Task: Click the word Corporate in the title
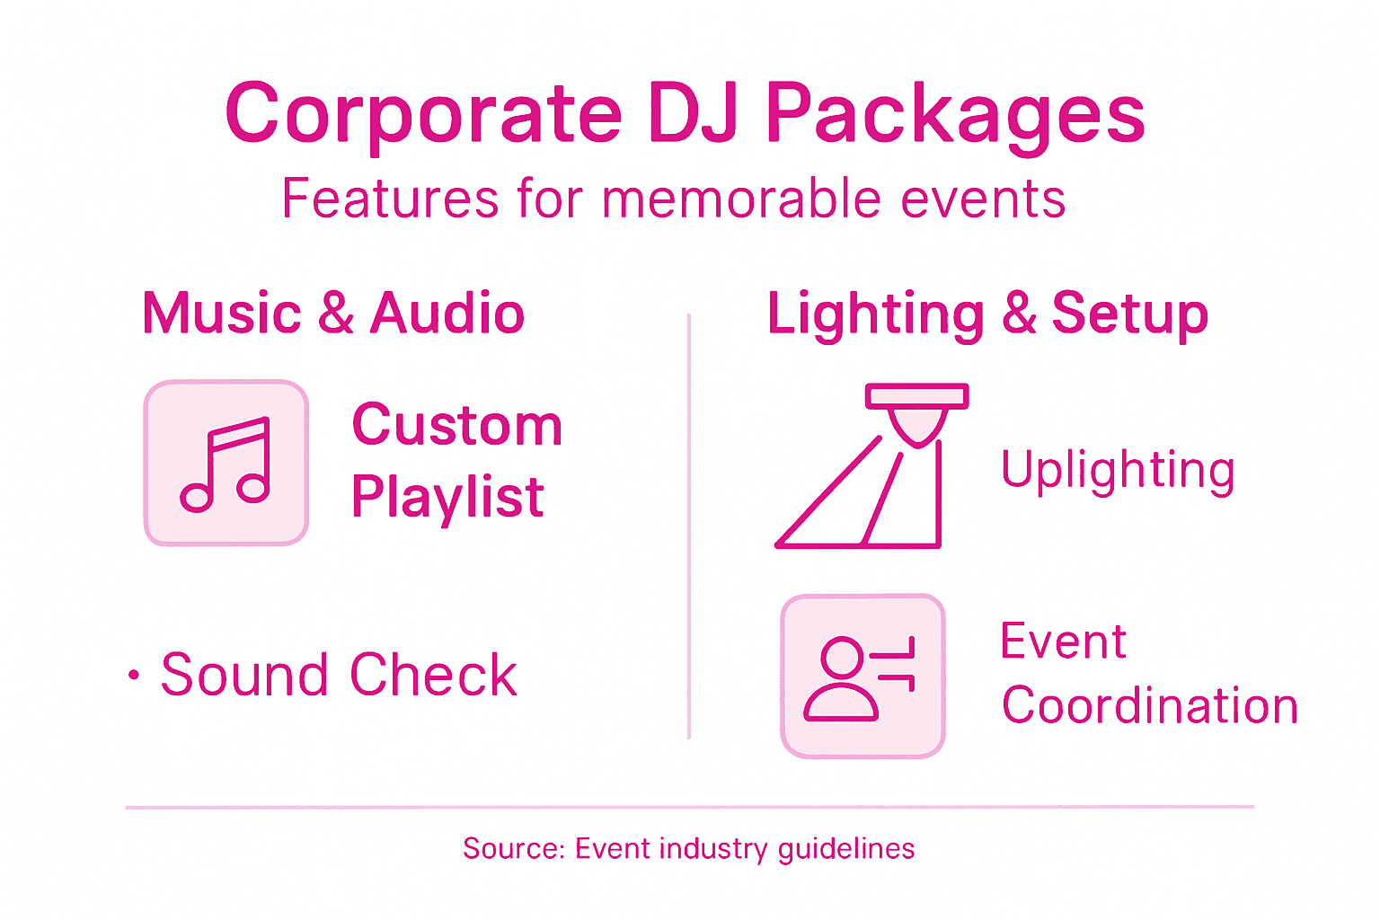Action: tap(423, 114)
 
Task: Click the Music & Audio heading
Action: tap(333, 314)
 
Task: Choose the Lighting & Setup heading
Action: tap(986, 314)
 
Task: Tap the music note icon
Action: tap(226, 463)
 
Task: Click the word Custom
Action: tap(456, 424)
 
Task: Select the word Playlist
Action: tap(447, 497)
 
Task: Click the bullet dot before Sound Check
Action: tap(134, 676)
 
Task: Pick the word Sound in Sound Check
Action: tap(243, 675)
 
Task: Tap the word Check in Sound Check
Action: tap(433, 675)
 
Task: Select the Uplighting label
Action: tap(1118, 470)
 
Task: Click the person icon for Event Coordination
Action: tap(862, 677)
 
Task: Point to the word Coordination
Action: tap(1149, 705)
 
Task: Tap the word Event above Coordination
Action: tap(1063, 641)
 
